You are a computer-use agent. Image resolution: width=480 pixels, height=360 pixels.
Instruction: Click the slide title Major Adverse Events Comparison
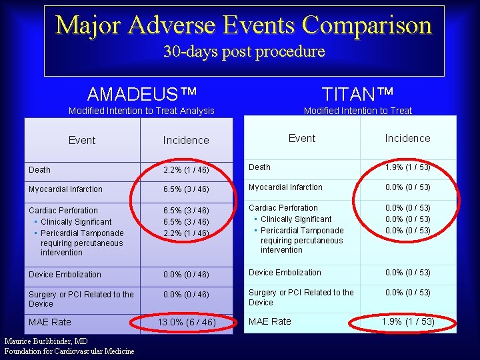point(244,25)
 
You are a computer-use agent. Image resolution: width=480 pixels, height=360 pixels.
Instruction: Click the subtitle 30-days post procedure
point(244,51)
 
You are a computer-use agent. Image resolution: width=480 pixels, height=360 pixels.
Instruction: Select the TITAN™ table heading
point(357,92)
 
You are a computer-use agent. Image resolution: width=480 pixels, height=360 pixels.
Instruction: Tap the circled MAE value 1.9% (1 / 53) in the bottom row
point(407,322)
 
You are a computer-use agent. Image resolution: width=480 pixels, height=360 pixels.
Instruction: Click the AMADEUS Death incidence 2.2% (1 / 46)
point(186,170)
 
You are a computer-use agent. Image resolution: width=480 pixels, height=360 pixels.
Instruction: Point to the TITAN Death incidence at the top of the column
point(407,167)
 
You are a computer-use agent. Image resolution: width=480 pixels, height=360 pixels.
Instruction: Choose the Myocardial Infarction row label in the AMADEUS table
point(65,189)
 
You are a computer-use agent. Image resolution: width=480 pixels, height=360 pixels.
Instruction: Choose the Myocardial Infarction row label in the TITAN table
point(285,187)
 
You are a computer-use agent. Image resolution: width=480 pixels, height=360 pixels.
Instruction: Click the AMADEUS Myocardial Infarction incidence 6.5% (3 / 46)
point(186,189)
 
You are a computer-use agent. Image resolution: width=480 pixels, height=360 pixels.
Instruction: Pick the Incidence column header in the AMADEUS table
point(186,140)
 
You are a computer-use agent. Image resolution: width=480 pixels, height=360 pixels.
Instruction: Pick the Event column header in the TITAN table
point(302,138)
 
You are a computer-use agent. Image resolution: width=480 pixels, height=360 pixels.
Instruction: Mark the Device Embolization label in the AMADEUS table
point(65,275)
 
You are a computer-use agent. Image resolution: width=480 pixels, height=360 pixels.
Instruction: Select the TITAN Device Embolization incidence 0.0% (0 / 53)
point(407,273)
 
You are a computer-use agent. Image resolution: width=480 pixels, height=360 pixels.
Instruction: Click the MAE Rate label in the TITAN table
point(270,321)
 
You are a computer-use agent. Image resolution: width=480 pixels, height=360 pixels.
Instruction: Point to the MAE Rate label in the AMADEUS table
point(50,323)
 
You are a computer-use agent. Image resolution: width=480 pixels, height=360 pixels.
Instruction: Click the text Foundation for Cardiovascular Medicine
point(69,351)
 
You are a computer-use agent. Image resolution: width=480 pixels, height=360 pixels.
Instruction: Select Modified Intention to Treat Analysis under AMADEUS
point(142,111)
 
